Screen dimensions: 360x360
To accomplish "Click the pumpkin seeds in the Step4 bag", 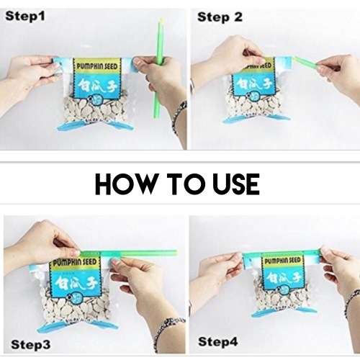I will (277, 295).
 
